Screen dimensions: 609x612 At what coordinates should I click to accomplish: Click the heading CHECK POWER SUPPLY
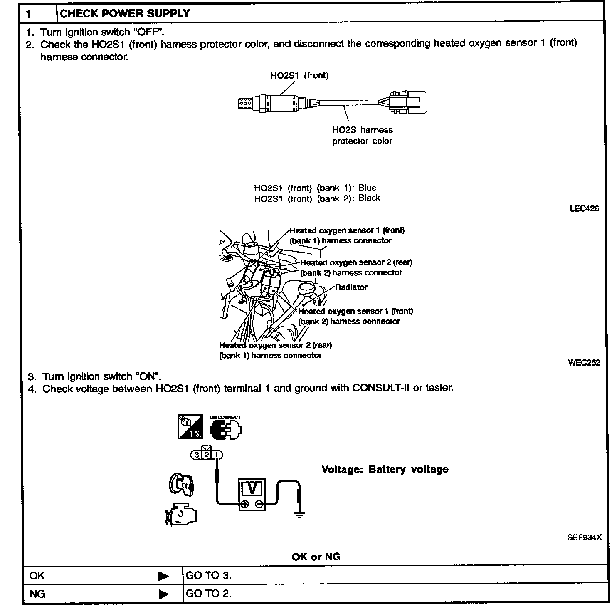(125, 14)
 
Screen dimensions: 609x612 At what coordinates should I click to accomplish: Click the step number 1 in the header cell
(29, 14)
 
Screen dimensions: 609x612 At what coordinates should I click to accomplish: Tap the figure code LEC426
(584, 208)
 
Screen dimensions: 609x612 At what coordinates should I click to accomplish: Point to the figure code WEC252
(584, 363)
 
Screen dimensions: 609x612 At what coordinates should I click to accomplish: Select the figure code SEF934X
(584, 537)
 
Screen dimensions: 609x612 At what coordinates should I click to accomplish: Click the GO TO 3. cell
(208, 575)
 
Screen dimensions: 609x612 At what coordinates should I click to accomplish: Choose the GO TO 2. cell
(208, 593)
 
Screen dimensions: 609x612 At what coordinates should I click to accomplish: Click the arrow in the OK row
(163, 576)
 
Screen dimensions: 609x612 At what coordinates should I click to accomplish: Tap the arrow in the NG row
(163, 594)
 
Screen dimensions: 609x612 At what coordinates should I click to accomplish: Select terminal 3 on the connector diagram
(196, 455)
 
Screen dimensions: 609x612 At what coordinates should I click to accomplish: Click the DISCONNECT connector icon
(225, 428)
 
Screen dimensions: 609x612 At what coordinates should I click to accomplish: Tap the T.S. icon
(190, 426)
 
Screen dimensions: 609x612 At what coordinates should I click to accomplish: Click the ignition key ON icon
(182, 484)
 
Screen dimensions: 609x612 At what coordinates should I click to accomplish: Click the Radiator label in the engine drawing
(351, 287)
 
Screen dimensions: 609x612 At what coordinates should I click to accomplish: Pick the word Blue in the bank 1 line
(367, 188)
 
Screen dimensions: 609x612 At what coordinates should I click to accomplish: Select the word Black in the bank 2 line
(369, 198)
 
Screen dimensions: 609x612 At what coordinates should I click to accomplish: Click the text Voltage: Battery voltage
(385, 469)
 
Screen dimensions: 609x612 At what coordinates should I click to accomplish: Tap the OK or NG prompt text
(316, 557)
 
